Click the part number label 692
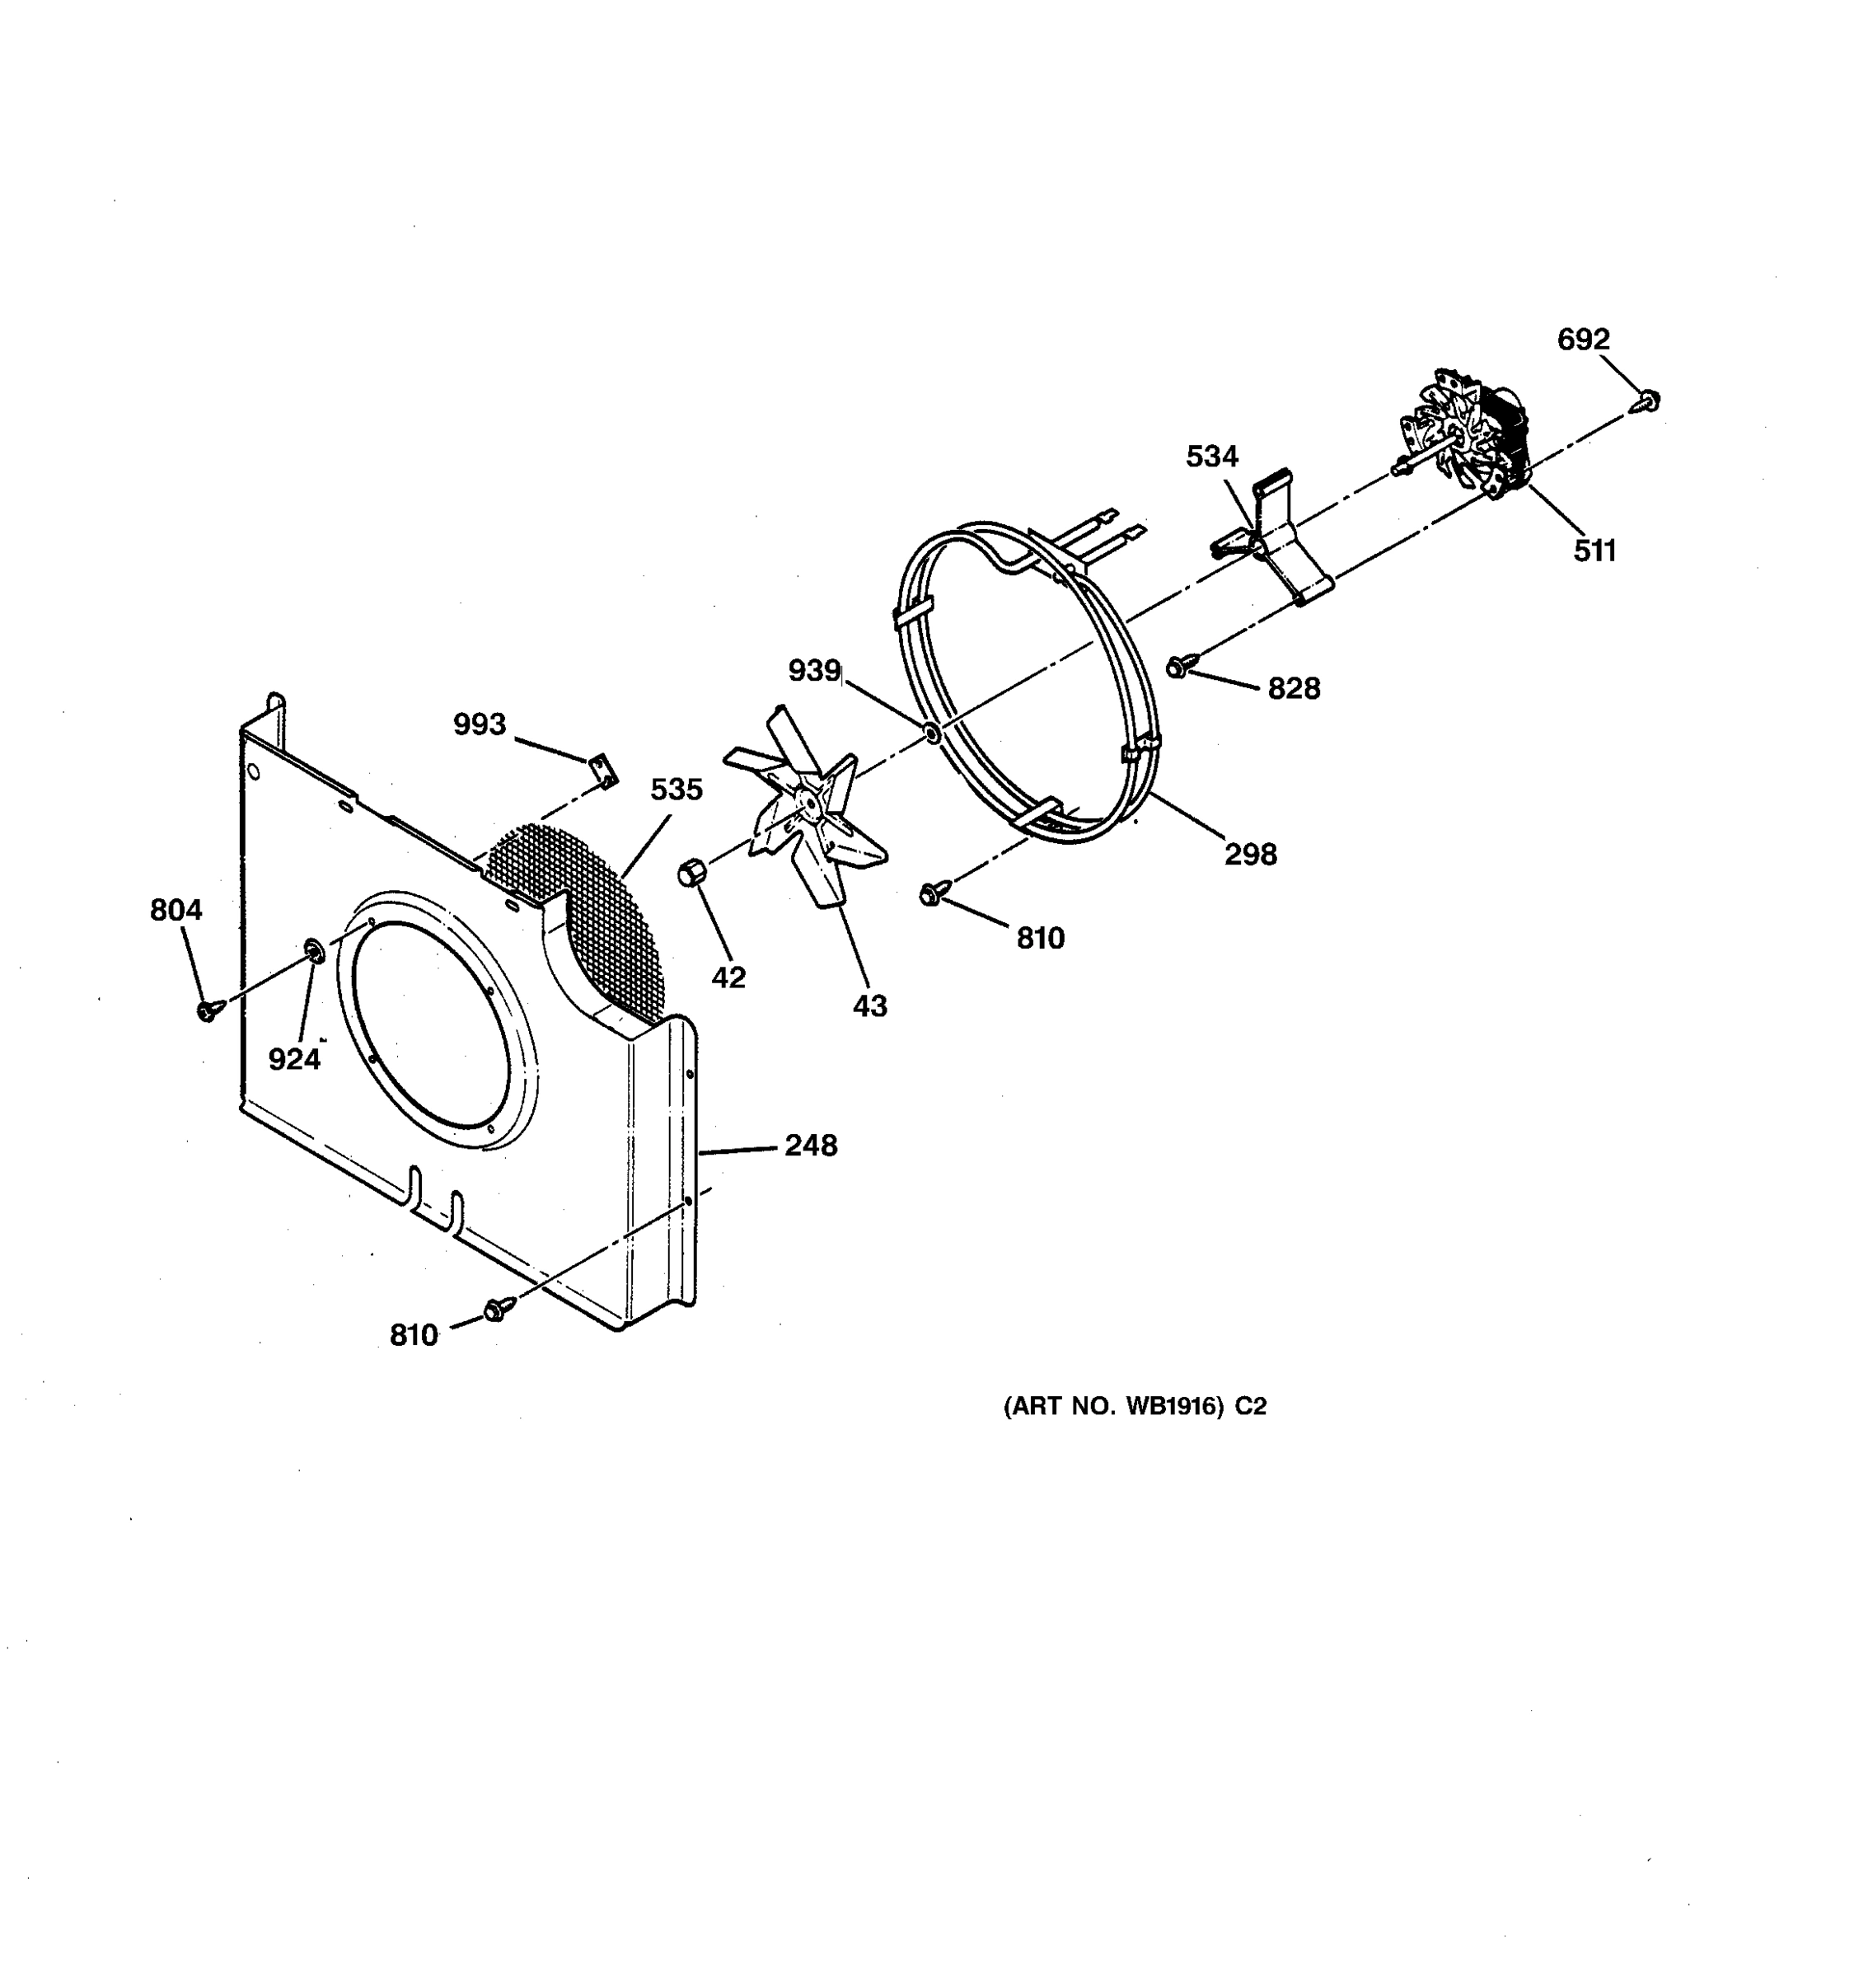[1582, 340]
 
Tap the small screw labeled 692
[1648, 401]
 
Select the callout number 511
[1594, 551]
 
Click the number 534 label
[1211, 457]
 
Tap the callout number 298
[1250, 854]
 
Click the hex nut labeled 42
[691, 874]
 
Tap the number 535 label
[677, 790]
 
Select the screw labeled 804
[207, 1011]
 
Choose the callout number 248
[811, 1146]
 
